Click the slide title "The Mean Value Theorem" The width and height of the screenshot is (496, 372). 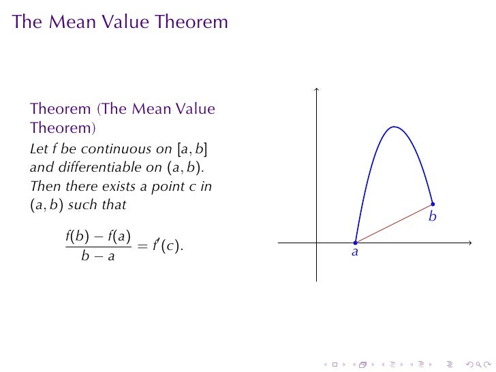point(120,22)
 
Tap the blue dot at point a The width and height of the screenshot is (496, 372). point(355,243)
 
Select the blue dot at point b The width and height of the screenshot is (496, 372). point(433,204)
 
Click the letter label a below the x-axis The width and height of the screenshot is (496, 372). point(355,252)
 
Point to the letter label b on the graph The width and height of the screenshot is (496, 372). point(432,217)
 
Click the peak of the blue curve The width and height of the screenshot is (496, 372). point(393,127)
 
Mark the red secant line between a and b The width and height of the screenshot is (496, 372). point(394,223)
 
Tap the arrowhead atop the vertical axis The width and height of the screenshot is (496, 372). point(317,89)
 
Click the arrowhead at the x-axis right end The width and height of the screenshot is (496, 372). point(469,243)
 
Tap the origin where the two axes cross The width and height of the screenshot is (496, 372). point(317,243)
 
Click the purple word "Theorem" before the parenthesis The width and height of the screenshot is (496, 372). point(61,109)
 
